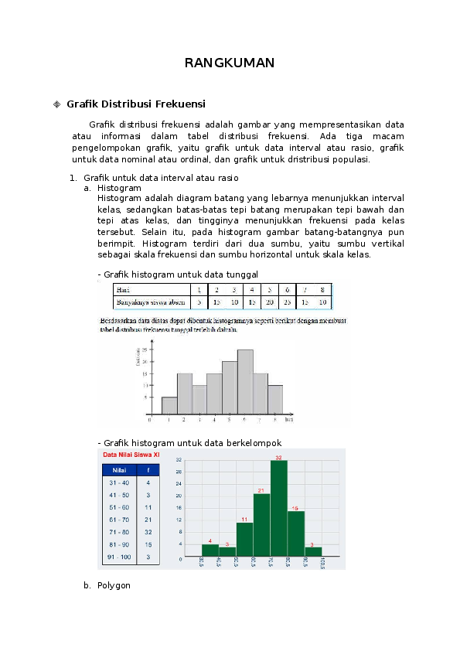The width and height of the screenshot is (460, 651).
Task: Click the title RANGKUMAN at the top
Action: (x=230, y=63)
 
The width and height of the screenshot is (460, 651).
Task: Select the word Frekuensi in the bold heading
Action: (x=179, y=104)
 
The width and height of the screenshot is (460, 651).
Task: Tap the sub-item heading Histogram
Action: (x=119, y=188)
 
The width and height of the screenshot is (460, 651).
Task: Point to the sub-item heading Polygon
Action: (x=114, y=585)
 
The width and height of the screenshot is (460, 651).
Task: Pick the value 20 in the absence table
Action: (x=269, y=302)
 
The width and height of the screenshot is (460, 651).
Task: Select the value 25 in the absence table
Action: (x=287, y=302)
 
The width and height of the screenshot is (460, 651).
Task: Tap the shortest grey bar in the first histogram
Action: (x=169, y=406)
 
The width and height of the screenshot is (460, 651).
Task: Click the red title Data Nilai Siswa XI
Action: (x=128, y=455)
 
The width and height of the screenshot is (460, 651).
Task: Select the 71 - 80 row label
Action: (x=120, y=532)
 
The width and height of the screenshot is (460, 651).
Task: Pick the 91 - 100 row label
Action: (x=120, y=557)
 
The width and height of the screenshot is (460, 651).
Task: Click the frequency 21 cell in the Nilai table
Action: (x=148, y=520)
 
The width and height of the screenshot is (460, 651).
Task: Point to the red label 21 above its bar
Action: (x=261, y=490)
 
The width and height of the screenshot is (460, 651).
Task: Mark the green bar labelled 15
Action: (x=295, y=533)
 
